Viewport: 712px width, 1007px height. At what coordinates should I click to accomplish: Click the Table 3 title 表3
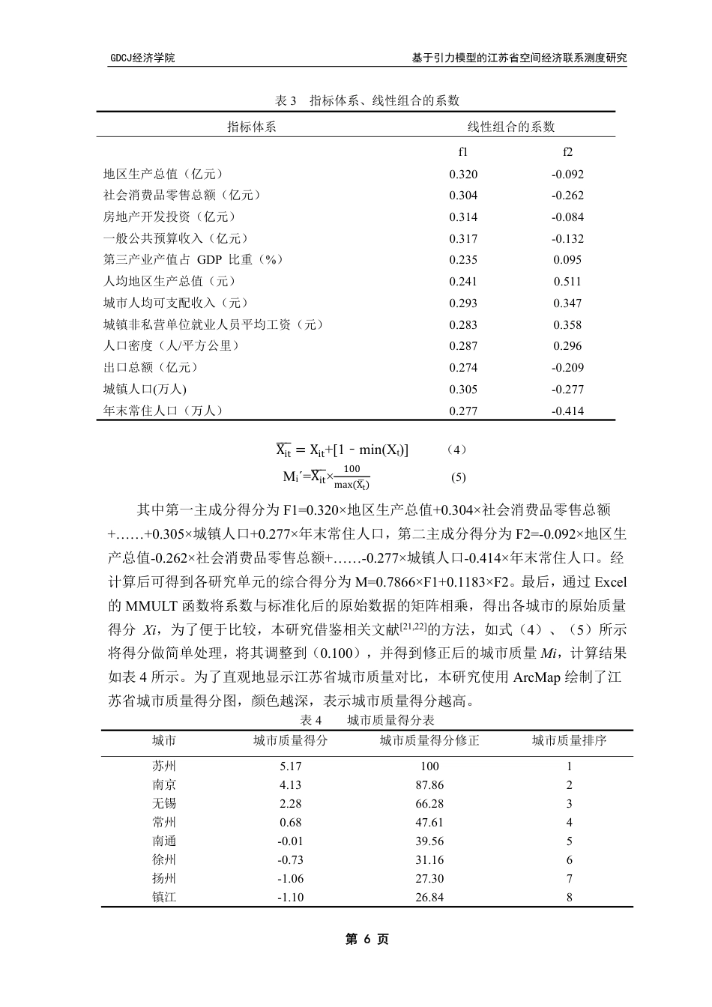pos(287,100)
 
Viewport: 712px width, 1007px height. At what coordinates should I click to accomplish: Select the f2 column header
pos(567,152)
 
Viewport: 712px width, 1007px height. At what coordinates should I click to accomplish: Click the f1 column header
pos(463,152)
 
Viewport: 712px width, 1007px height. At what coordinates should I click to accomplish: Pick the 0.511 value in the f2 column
pos(567,282)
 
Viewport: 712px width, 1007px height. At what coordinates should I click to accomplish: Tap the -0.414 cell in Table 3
pos(567,411)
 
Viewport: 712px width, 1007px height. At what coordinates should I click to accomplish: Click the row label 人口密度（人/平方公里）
pos(172,345)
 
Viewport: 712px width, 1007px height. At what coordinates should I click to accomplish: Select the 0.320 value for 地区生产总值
pos(463,175)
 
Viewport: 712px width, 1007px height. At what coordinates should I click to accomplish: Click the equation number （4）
pos(456,450)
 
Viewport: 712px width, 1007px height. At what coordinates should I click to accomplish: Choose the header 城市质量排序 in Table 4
pos(569,741)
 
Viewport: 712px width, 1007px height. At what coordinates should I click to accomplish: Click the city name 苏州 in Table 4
pos(164,766)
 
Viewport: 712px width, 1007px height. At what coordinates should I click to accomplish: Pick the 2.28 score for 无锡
pos(290,803)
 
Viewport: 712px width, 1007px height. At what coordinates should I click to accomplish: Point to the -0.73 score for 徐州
pos(290,859)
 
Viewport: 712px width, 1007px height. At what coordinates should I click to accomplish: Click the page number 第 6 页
pos(366,939)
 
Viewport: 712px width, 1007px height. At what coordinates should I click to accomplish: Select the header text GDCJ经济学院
pos(142,58)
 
